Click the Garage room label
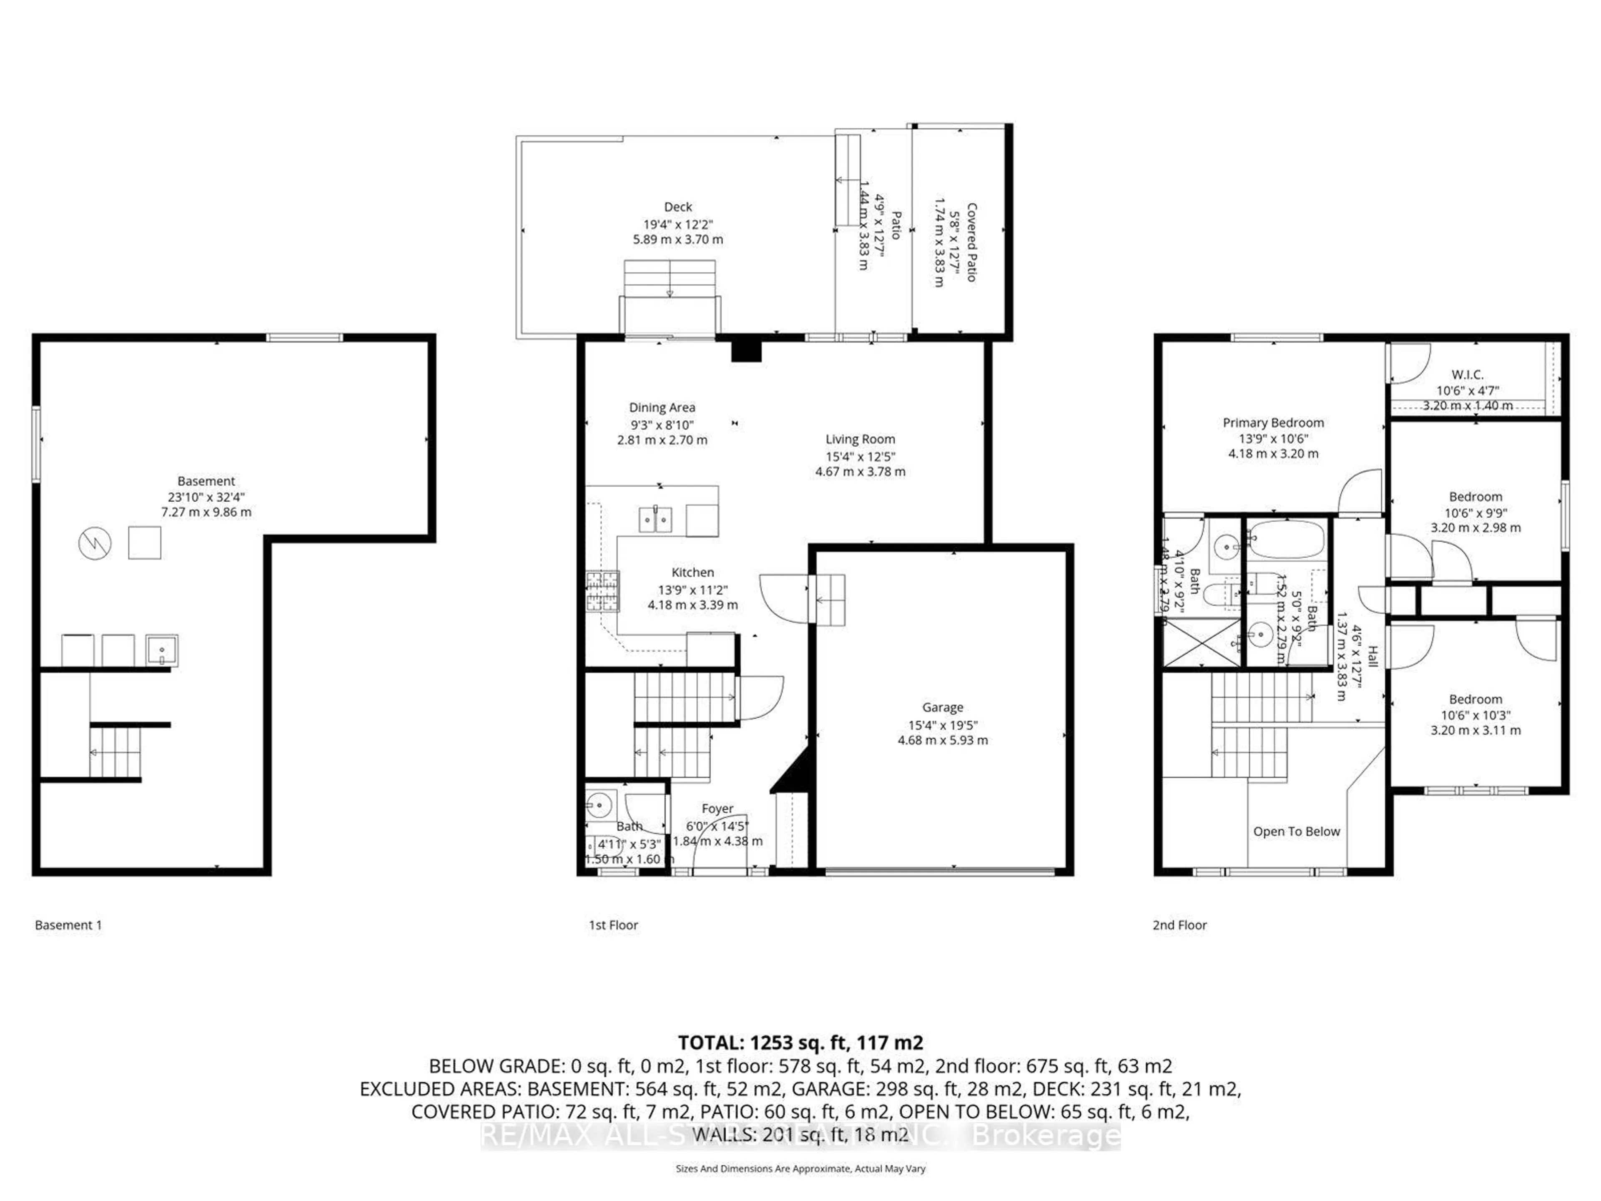tap(942, 707)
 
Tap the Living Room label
tap(860, 440)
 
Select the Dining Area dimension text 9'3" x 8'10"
tap(662, 425)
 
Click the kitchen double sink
tap(656, 519)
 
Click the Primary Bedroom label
tap(1273, 423)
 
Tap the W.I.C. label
tap(1467, 375)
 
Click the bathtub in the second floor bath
tap(1286, 539)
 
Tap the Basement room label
tap(206, 481)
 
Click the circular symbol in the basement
tap(95, 543)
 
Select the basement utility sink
tap(161, 650)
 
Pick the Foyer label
tap(717, 809)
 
